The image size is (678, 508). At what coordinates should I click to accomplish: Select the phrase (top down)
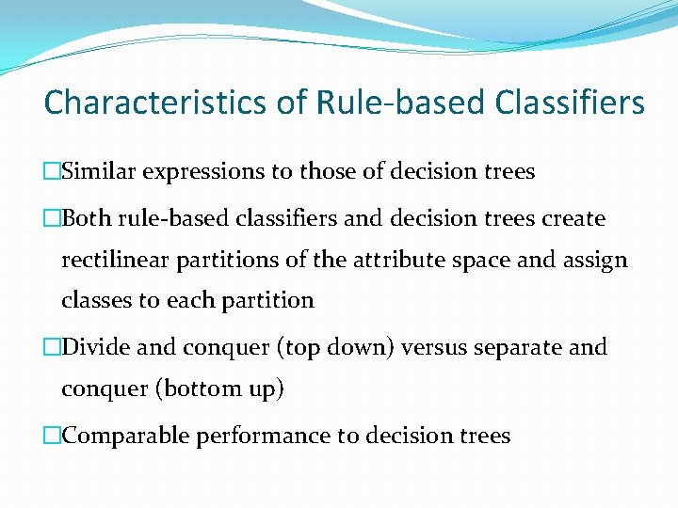pos(334,347)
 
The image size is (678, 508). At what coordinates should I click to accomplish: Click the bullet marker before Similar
pos(52,172)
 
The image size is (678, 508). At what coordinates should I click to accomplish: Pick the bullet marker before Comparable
pos(52,436)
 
